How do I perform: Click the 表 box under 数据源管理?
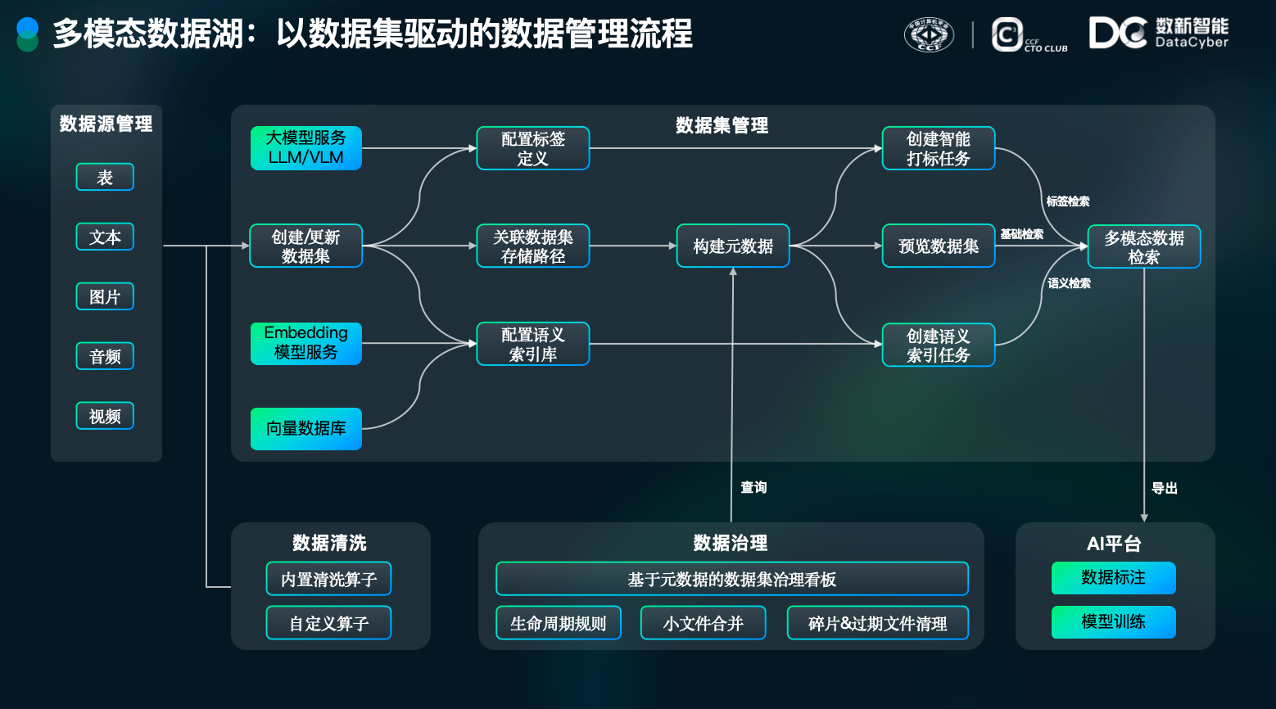(x=105, y=177)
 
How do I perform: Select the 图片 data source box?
(x=105, y=296)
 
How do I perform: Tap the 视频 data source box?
(x=105, y=416)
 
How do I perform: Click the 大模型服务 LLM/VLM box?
(x=306, y=148)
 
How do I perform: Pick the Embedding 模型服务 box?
(x=306, y=343)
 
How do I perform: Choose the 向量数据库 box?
(x=306, y=428)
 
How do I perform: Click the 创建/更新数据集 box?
(x=306, y=246)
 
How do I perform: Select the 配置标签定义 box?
(x=532, y=148)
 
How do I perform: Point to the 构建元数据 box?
(x=732, y=246)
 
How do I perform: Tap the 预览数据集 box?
(x=939, y=246)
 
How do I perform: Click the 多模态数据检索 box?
(x=1144, y=246)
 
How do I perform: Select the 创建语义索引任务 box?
(x=939, y=345)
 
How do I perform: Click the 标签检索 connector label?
(x=1067, y=201)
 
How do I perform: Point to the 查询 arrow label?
(x=753, y=487)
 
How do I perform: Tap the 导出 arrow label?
(x=1164, y=488)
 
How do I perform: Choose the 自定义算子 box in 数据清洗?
(x=328, y=623)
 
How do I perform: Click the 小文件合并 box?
(x=703, y=623)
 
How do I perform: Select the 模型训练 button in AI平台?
(x=1113, y=622)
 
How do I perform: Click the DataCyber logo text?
(x=1192, y=42)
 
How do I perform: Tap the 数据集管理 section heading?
(x=722, y=125)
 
